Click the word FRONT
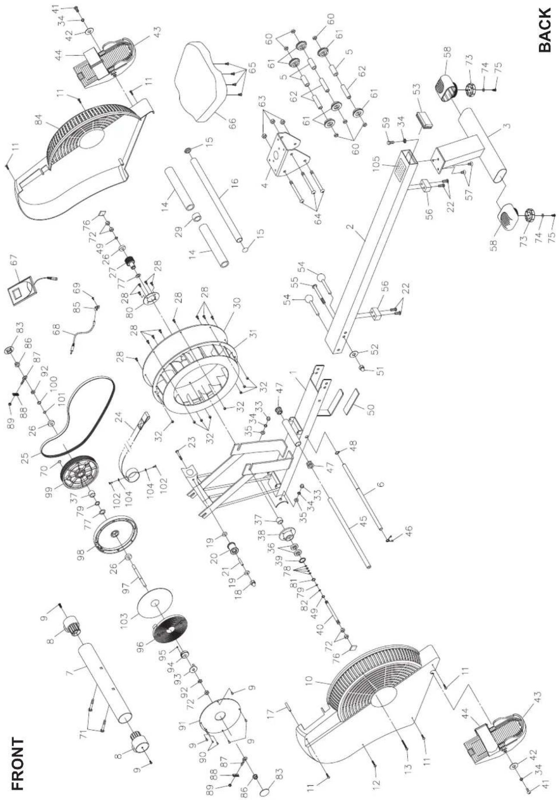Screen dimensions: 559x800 pyautogui.click(x=18, y=748)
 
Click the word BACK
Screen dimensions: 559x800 pyautogui.click(x=545, y=30)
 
